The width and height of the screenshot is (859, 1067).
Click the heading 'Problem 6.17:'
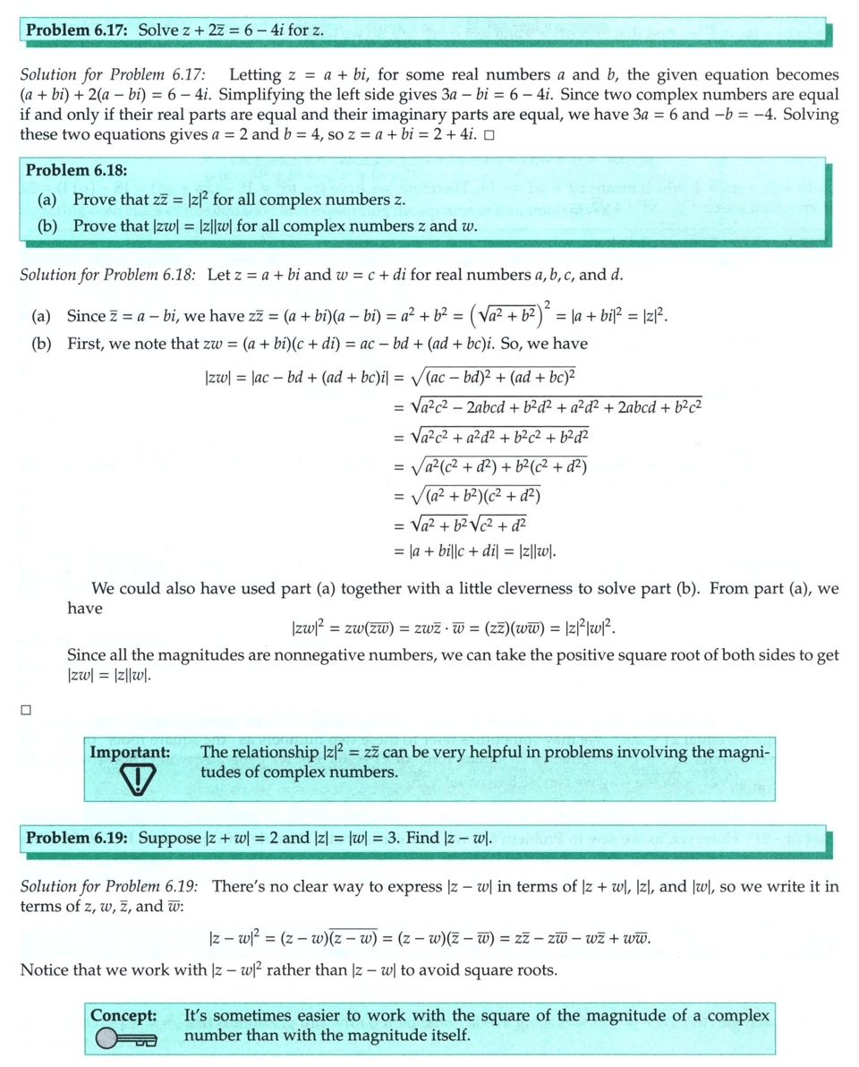[78, 30]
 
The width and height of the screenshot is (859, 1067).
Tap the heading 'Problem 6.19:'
[78, 839]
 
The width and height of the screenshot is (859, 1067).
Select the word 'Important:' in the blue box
[130, 753]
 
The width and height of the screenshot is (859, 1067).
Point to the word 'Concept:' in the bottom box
[123, 1016]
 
